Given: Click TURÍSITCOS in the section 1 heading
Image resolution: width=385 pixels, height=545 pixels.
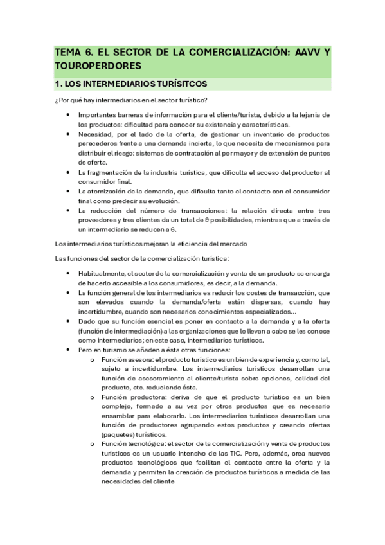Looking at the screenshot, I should point(179,84).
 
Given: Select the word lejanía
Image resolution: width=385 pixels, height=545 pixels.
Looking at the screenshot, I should point(315,115).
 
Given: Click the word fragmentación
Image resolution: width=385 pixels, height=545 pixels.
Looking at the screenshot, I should point(113,173).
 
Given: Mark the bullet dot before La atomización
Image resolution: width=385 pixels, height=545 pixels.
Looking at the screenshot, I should point(68,192).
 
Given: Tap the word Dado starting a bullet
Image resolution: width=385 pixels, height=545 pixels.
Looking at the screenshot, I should point(87,321).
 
